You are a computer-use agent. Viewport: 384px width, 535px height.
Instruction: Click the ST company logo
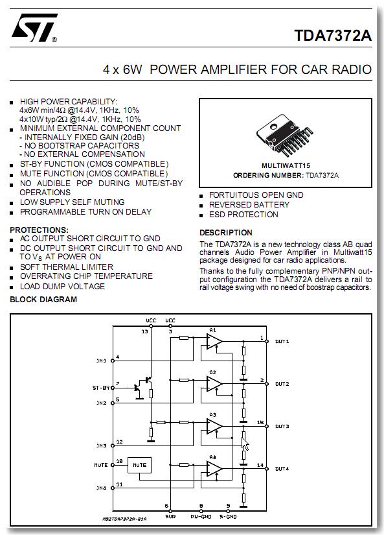pyautogui.click(x=34, y=28)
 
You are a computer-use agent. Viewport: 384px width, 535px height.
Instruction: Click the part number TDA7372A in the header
pyautogui.click(x=333, y=36)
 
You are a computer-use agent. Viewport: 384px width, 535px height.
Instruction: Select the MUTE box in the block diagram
pyautogui.click(x=139, y=465)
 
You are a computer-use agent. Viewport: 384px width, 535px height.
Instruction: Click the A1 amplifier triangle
pyautogui.click(x=214, y=342)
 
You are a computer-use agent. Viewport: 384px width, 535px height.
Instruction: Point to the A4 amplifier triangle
pyautogui.click(x=214, y=469)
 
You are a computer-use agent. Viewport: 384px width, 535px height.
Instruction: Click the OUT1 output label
pyautogui.click(x=282, y=342)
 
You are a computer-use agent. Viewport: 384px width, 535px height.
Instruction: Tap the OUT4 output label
pyautogui.click(x=282, y=469)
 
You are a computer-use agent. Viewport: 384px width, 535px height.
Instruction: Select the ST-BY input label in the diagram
pyautogui.click(x=101, y=388)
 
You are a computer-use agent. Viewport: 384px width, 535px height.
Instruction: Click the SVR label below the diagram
pyautogui.click(x=170, y=517)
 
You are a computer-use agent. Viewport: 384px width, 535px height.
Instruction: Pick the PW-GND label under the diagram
pyautogui.click(x=201, y=517)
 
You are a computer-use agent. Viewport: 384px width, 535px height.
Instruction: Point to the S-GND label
pyautogui.click(x=228, y=517)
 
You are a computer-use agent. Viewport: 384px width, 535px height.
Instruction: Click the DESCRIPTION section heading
pyautogui.click(x=226, y=233)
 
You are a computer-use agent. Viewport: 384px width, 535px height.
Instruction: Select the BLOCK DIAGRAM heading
pyautogui.click(x=43, y=300)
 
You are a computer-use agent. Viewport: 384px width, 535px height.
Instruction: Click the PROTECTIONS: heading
pyautogui.click(x=40, y=230)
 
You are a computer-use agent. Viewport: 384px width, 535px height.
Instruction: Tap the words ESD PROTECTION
pyautogui.click(x=243, y=215)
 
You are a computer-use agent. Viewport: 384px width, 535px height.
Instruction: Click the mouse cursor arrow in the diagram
pyautogui.click(x=245, y=444)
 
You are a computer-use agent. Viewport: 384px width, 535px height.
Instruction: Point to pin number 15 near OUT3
pyautogui.click(x=260, y=422)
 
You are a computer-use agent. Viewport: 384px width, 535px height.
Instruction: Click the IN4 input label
pyautogui.click(x=101, y=488)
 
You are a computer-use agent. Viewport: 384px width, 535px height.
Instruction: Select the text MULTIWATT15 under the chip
pyautogui.click(x=286, y=165)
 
